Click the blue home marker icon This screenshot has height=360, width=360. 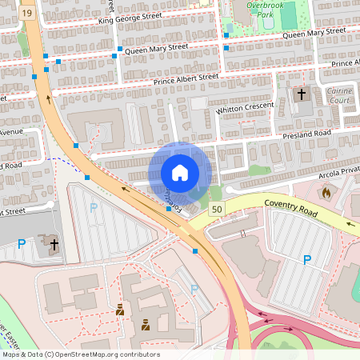(180, 173)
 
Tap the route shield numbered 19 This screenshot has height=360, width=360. (28, 14)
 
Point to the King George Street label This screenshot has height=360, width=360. (130, 18)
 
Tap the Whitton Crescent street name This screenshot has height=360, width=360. (245, 107)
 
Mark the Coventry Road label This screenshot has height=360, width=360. (291, 204)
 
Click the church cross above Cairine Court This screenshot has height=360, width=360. (302, 94)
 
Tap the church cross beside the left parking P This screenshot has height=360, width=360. (54, 243)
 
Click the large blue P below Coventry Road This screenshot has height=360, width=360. (306, 259)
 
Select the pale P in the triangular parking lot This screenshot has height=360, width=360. (94, 208)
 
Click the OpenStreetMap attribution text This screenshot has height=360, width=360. (81, 354)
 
